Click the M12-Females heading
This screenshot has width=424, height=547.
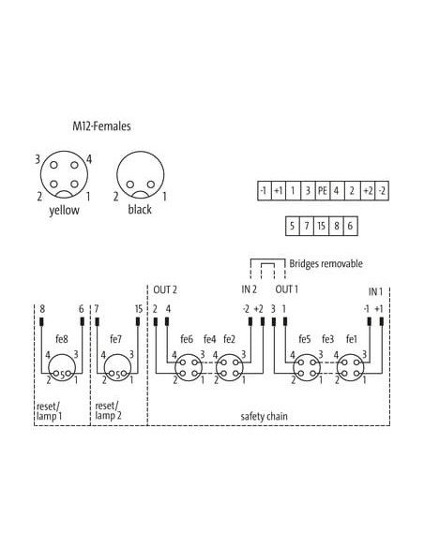[x=101, y=126]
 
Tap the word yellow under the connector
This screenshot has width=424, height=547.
[x=64, y=210]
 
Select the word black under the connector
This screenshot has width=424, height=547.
[x=140, y=209]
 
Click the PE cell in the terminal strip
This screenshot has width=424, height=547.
[x=322, y=190]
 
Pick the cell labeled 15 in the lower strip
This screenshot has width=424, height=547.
[x=322, y=226]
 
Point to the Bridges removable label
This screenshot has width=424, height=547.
[x=326, y=263]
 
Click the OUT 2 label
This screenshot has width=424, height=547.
[x=165, y=289]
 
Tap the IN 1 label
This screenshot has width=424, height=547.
[x=375, y=291]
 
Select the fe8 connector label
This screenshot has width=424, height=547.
[x=62, y=339]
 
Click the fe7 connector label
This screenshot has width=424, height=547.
[x=115, y=339]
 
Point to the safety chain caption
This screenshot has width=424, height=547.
[x=264, y=416]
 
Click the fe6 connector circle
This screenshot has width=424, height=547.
[x=189, y=367]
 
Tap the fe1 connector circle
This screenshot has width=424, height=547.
[x=350, y=367]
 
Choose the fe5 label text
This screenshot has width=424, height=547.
[x=305, y=339]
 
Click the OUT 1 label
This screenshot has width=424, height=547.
[x=287, y=289]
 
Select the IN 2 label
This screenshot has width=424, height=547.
[x=249, y=289]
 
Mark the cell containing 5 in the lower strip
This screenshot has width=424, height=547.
[x=293, y=226]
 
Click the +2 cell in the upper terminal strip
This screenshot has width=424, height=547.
[x=368, y=190]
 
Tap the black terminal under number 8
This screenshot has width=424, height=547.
[x=41, y=321]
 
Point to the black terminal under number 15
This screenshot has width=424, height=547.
[x=138, y=321]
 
